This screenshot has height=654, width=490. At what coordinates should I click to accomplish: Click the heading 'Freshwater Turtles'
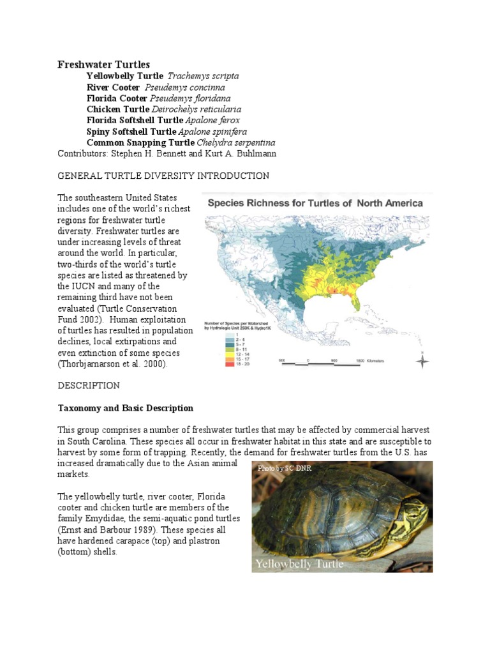[104, 65]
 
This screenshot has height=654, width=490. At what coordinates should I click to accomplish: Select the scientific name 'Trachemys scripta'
[203, 76]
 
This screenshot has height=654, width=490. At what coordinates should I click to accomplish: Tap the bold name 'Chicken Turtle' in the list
[117, 109]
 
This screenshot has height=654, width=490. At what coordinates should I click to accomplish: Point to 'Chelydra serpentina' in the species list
[236, 142]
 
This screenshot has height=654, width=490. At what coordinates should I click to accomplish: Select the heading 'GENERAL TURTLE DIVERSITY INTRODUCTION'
[163, 176]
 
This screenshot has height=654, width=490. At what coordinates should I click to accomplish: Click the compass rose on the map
[421, 361]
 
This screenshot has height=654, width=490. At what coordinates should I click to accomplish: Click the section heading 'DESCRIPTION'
[89, 386]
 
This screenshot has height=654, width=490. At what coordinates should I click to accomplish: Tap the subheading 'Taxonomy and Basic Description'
[126, 408]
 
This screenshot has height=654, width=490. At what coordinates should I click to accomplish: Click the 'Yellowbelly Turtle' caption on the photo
[299, 564]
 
